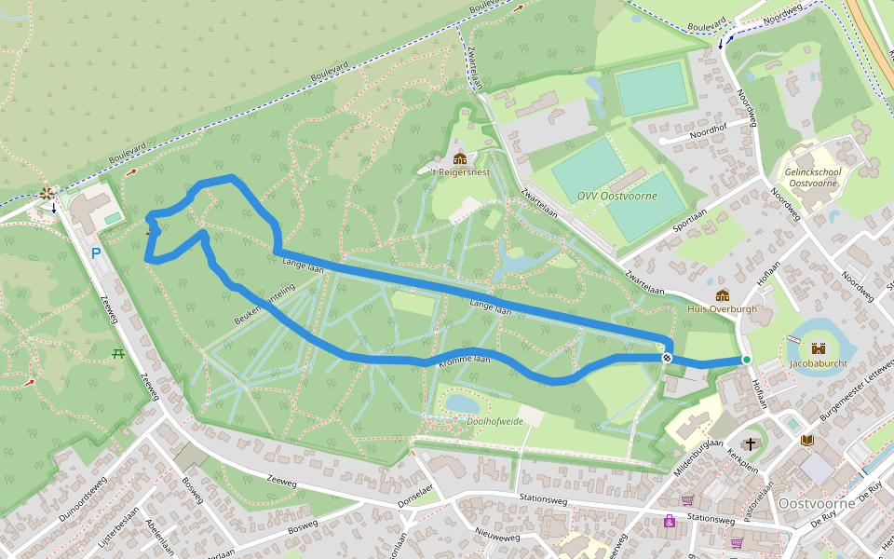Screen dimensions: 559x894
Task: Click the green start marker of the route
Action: [x=746, y=360]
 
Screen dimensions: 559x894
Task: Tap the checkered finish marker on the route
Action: [x=667, y=358]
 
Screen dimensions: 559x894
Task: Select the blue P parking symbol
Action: [x=95, y=252]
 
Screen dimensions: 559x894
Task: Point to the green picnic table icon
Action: [x=118, y=353]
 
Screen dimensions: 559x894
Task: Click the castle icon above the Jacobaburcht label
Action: [x=819, y=348]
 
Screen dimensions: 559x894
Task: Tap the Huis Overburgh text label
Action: [x=722, y=308]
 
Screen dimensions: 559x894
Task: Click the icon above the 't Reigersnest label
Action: [x=459, y=158]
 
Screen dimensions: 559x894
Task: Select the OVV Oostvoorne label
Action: [x=616, y=196]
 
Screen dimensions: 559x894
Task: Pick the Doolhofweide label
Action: [x=494, y=421]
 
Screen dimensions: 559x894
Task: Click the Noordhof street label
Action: [x=708, y=133]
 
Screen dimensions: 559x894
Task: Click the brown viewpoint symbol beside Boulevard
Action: [x=47, y=194]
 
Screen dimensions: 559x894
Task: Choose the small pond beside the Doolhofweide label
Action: [x=463, y=403]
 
